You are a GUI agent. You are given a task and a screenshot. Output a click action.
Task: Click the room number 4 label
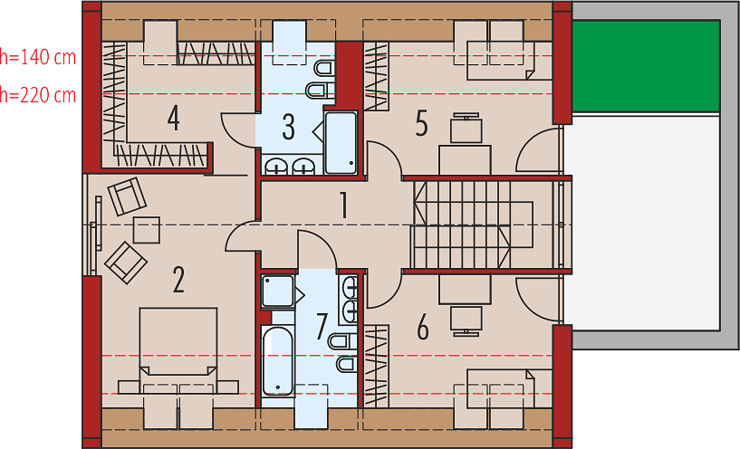click(174, 118)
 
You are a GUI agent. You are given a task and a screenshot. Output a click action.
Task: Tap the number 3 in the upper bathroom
click(289, 127)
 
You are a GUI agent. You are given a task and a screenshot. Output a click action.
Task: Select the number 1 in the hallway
click(344, 205)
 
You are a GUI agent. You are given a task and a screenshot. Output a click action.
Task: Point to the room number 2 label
click(178, 280)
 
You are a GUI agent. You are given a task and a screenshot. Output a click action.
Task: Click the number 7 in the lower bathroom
click(322, 327)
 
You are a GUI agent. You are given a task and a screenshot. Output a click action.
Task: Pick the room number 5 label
click(421, 124)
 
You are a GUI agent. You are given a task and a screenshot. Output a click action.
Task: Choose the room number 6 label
click(423, 328)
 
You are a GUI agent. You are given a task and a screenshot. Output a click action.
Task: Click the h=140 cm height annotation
click(38, 57)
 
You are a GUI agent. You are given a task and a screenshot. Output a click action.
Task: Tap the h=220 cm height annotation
click(38, 95)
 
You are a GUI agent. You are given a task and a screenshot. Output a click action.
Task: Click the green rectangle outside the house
click(646, 66)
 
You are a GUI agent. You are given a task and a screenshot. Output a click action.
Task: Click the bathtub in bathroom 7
click(278, 360)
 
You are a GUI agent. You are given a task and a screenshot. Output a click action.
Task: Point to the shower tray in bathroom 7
click(278, 291)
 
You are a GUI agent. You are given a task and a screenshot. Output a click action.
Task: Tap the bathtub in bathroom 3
click(341, 142)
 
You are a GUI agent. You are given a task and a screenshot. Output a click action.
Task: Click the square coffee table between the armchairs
click(147, 230)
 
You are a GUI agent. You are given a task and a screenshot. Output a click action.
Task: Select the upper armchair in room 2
click(127, 196)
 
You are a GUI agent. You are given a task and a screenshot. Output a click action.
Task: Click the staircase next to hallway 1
click(473, 225)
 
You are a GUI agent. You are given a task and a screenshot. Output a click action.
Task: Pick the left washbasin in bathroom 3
click(274, 166)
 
